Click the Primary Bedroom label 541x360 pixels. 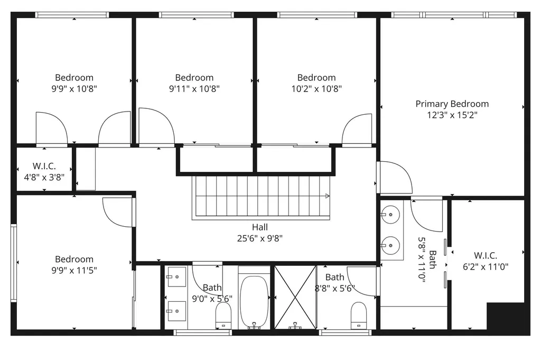[452, 104]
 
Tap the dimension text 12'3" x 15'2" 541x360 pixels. [452, 115]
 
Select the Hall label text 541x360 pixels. [259, 227]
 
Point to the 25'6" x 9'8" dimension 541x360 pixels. [259, 238]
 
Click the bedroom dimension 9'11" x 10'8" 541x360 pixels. [194, 89]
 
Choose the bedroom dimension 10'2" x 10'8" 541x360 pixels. [316, 89]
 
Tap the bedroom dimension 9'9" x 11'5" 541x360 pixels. [74, 270]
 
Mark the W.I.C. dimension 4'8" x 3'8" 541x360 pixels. [44, 178]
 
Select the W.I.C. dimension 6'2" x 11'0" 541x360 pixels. [485, 266]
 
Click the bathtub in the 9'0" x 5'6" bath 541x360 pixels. [255, 301]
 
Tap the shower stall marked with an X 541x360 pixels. [294, 297]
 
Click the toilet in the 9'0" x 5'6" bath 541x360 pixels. [223, 315]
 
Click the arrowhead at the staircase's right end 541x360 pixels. [328, 196]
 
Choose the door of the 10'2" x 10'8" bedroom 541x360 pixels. [358, 130]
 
